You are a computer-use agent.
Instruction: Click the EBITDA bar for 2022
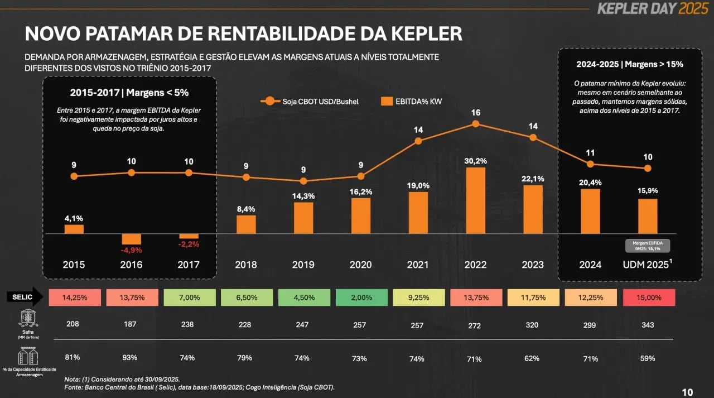click(475, 200)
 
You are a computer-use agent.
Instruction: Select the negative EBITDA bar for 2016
click(132, 239)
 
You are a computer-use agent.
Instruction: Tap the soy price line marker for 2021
click(418, 141)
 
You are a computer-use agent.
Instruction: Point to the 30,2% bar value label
click(475, 161)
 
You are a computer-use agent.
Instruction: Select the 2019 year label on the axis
click(303, 265)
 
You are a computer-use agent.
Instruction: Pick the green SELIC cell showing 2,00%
click(360, 298)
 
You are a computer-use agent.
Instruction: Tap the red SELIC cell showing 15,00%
click(647, 298)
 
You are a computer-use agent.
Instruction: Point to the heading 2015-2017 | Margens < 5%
click(129, 93)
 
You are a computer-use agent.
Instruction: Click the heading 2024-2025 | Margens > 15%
click(630, 64)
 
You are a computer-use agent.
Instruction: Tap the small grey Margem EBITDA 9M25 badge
click(647, 246)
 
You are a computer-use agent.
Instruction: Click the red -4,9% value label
click(132, 250)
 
